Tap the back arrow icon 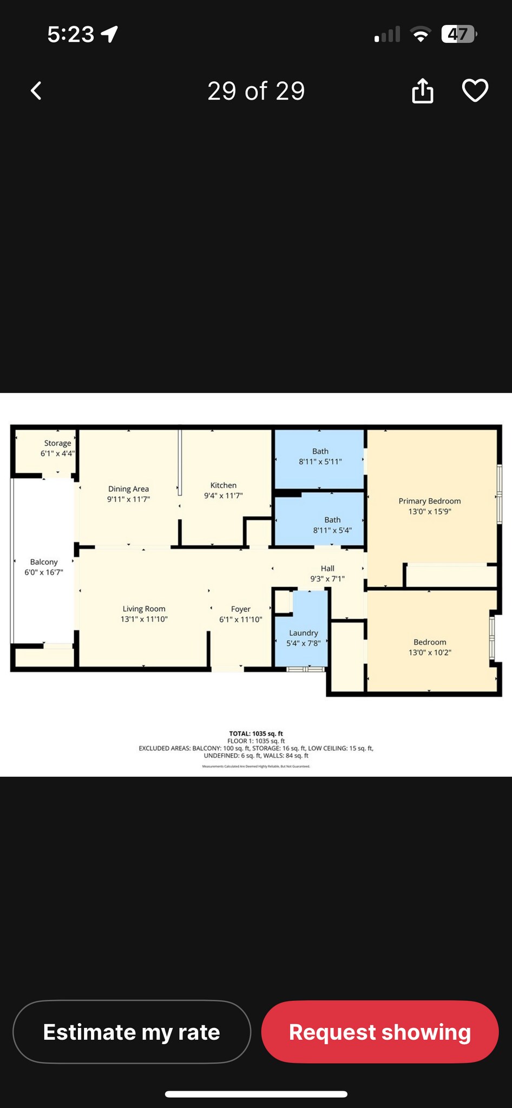point(36,91)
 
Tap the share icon point(423,90)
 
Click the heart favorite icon point(475,90)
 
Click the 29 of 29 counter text point(256,91)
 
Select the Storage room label point(57,443)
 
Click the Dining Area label point(128,489)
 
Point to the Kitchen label point(224,485)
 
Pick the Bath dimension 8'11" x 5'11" point(320,461)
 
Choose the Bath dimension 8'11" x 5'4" point(332,530)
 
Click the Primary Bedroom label point(430,501)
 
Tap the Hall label point(327,569)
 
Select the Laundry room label point(304,633)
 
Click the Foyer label point(241,609)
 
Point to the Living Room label point(144,609)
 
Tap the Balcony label point(44,562)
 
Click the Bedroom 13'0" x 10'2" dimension point(430,652)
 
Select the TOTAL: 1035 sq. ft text point(256,734)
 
